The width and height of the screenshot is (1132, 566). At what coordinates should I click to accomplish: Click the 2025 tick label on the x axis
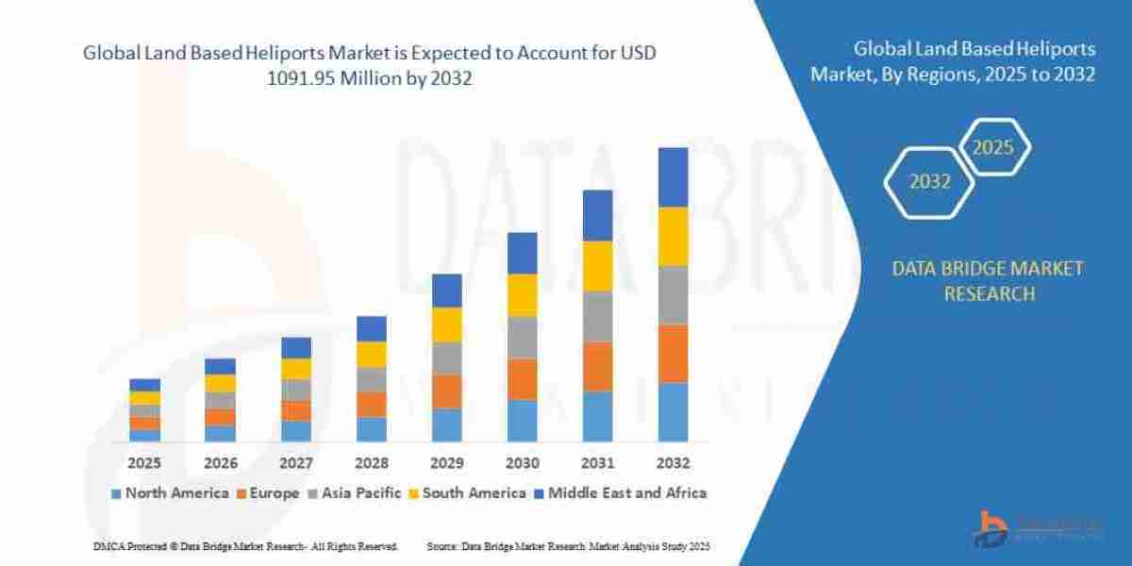[144, 463]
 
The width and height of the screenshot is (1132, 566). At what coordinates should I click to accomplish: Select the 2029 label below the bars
[446, 463]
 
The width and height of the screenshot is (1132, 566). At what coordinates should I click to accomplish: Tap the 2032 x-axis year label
[673, 463]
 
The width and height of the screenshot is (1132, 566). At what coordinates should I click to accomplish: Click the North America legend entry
[170, 492]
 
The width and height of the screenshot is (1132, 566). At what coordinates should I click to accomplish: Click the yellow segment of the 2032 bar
[673, 237]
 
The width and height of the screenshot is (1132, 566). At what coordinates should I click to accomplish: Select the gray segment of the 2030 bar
[522, 338]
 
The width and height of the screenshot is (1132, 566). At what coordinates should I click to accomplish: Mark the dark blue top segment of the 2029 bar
[446, 291]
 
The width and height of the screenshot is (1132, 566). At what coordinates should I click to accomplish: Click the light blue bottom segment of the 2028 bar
[371, 429]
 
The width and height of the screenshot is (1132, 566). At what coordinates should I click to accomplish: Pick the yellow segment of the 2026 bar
[220, 383]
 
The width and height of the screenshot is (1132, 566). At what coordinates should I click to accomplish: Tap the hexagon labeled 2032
[929, 182]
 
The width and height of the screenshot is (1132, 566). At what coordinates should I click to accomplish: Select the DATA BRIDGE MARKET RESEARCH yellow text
[988, 281]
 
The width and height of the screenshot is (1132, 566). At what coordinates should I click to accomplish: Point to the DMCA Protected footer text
[245, 546]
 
